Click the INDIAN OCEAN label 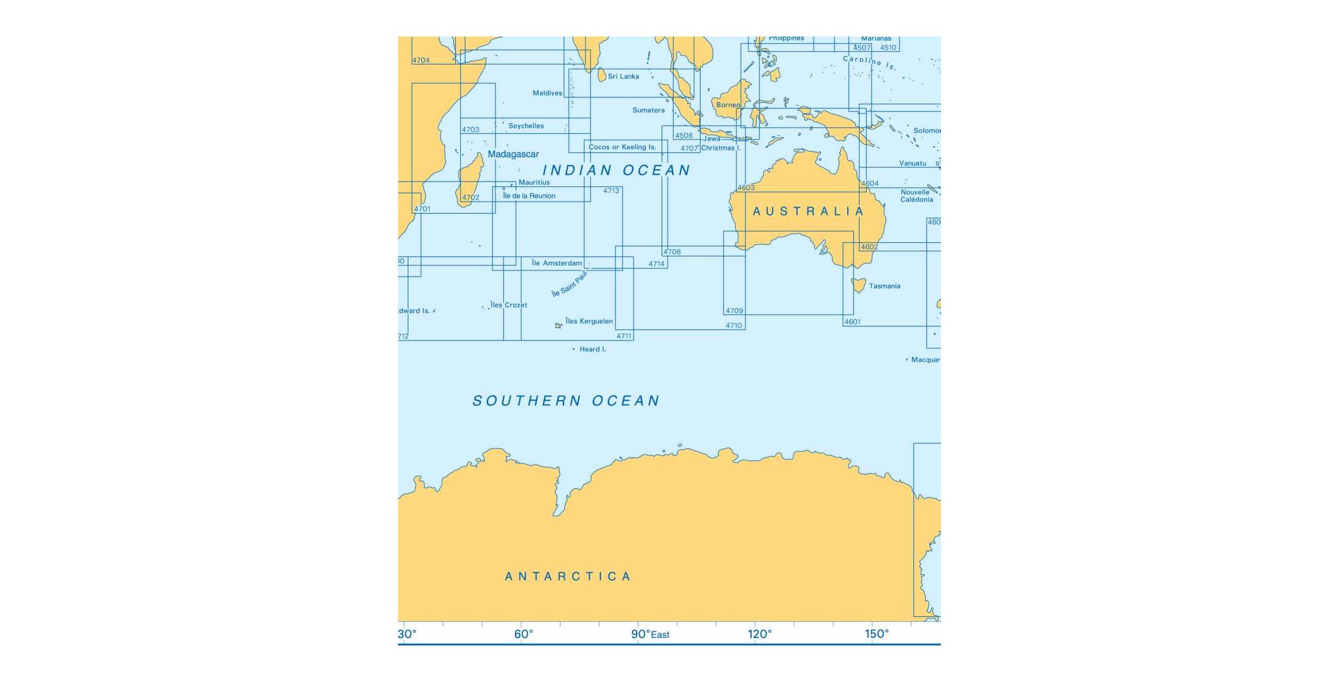(616, 170)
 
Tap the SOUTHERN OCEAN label (566, 401)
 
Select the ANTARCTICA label (568, 577)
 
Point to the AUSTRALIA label (808, 211)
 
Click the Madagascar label (513, 155)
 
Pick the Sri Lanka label (623, 77)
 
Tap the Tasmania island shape (859, 284)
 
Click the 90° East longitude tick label (650, 635)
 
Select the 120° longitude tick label (760, 635)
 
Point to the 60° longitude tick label (523, 635)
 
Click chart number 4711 (624, 336)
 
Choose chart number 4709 (734, 311)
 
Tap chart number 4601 (852, 322)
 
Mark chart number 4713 (611, 191)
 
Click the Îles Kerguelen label (589, 322)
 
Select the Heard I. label (592, 350)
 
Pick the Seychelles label (526, 126)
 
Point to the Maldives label (547, 93)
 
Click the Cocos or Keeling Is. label (622, 147)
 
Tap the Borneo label (728, 105)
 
